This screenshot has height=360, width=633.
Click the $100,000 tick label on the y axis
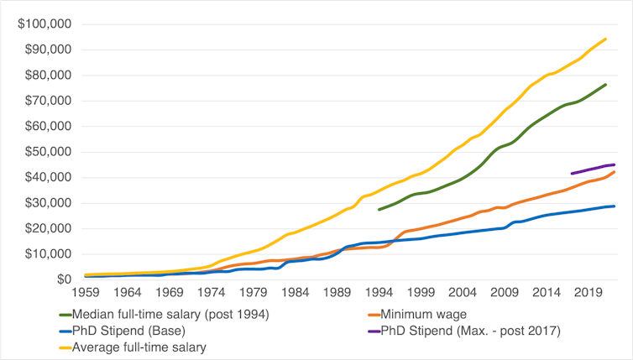point(39,23)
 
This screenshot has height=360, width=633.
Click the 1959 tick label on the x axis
point(86,293)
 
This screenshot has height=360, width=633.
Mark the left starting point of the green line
point(379,209)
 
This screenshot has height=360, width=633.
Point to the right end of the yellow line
point(606,38)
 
